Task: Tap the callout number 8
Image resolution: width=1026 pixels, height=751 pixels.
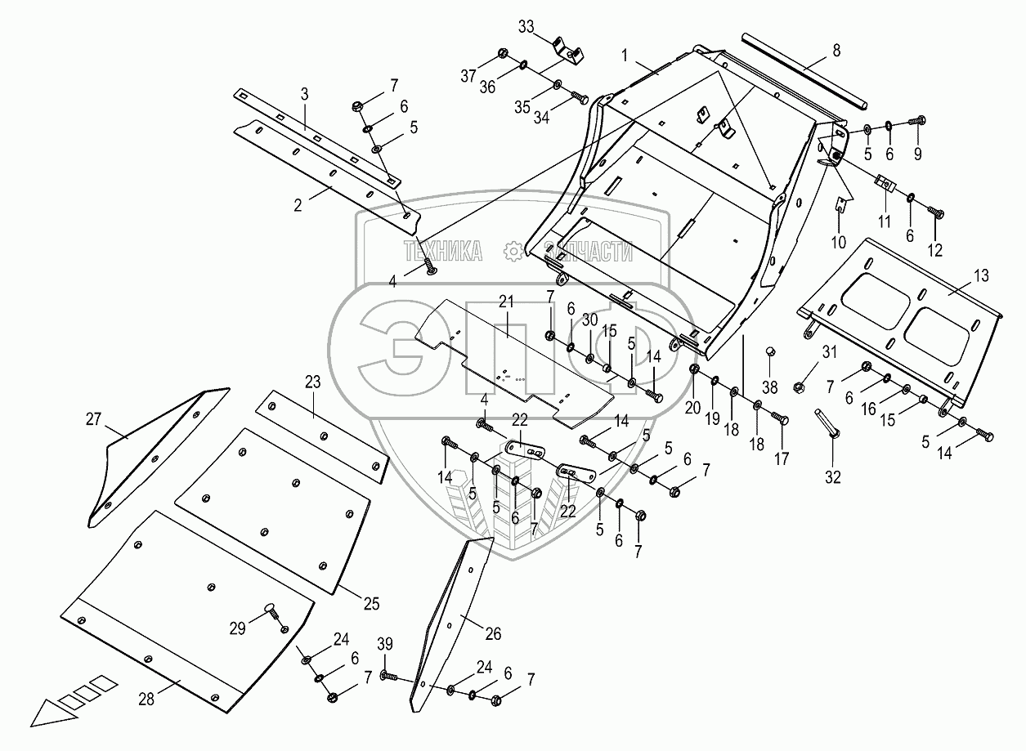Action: (835, 50)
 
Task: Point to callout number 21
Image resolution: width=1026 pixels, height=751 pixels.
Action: (507, 302)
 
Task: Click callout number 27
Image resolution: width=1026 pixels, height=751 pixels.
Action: (93, 419)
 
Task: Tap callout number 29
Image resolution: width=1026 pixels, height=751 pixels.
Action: (237, 628)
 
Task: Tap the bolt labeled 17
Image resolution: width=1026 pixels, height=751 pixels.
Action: (780, 422)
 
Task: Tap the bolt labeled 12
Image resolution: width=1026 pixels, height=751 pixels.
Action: (937, 212)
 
